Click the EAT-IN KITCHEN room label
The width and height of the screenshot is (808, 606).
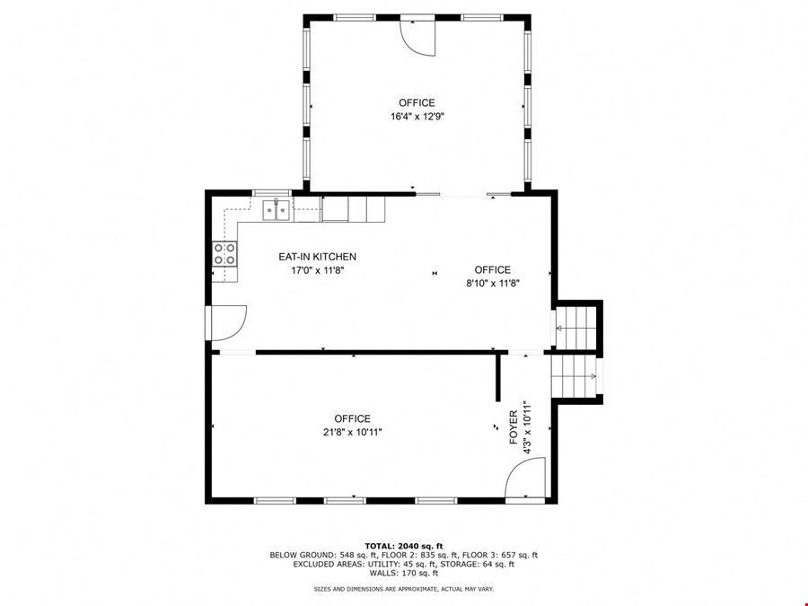click(x=317, y=257)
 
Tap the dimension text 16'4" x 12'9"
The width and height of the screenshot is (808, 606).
click(x=417, y=117)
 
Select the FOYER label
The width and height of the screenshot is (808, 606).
click(x=514, y=427)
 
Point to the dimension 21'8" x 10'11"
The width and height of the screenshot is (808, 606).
click(x=353, y=433)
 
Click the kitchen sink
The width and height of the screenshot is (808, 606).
click(x=276, y=210)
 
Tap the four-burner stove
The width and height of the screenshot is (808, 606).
click(x=224, y=254)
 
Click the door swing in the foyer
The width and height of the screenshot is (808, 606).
click(x=524, y=479)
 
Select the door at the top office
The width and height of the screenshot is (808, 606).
click(x=417, y=37)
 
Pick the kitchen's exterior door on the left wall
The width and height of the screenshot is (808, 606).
click(x=226, y=323)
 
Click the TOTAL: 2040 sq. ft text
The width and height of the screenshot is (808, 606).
click(x=404, y=546)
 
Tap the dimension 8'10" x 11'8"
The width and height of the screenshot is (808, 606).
click(x=493, y=283)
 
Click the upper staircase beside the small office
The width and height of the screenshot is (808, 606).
click(x=575, y=329)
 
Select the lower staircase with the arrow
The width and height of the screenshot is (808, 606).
click(x=574, y=376)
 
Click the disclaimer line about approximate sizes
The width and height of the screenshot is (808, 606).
click(x=404, y=588)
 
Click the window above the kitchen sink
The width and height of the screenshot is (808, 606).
click(x=272, y=193)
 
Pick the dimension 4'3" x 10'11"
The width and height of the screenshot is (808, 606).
click(x=527, y=427)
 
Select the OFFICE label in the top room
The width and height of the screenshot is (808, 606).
click(x=417, y=102)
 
